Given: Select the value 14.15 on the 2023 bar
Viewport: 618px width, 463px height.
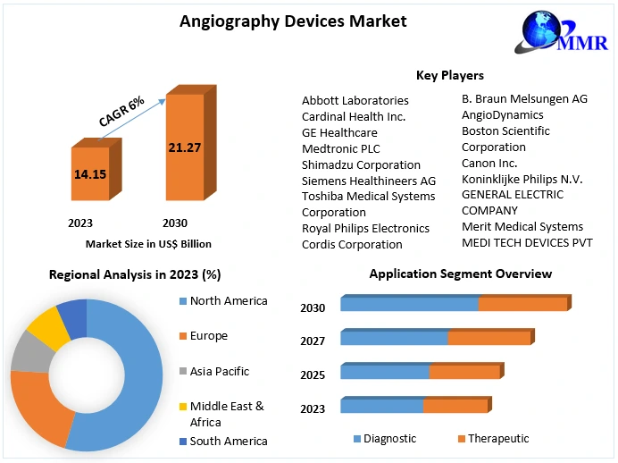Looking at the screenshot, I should (x=91, y=174).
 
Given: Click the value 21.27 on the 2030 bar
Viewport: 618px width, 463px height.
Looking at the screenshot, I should (x=184, y=147).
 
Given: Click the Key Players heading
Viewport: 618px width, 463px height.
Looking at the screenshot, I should (x=450, y=75).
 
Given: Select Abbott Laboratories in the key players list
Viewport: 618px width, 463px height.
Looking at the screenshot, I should (x=355, y=101).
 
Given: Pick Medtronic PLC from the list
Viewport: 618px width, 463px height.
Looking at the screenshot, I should (x=340, y=148).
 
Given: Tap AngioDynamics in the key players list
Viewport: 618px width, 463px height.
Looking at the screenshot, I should (x=502, y=114).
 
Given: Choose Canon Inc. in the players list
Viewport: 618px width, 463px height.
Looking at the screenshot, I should (x=489, y=163).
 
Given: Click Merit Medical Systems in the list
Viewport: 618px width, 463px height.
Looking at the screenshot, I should (x=522, y=227).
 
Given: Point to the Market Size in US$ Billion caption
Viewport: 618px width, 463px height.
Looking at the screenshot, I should (x=148, y=243).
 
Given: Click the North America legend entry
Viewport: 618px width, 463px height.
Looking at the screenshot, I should (x=229, y=301).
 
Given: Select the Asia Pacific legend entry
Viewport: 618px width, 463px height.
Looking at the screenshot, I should (x=219, y=371).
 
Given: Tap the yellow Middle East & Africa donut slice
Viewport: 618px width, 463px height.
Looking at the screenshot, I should (x=48, y=328).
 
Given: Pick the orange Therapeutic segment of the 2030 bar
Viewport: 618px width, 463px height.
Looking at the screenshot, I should (x=522, y=304).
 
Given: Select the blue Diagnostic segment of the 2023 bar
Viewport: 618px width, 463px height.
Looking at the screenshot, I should (x=381, y=406).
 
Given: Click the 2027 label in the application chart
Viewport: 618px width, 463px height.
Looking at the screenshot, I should (x=313, y=341).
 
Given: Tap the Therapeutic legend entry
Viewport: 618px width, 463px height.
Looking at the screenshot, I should (x=498, y=439).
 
